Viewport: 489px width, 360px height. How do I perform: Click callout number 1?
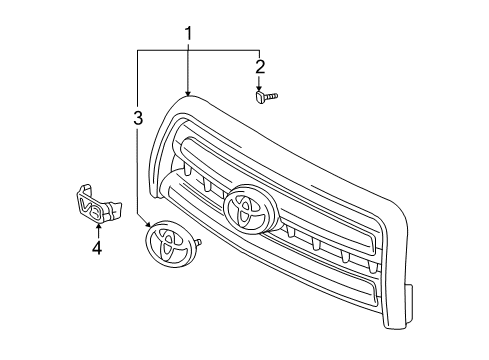[188, 35]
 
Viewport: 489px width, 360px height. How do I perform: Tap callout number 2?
[260, 67]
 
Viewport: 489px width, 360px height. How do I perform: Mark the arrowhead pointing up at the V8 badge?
[98, 226]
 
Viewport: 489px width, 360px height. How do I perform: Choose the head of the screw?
[257, 97]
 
